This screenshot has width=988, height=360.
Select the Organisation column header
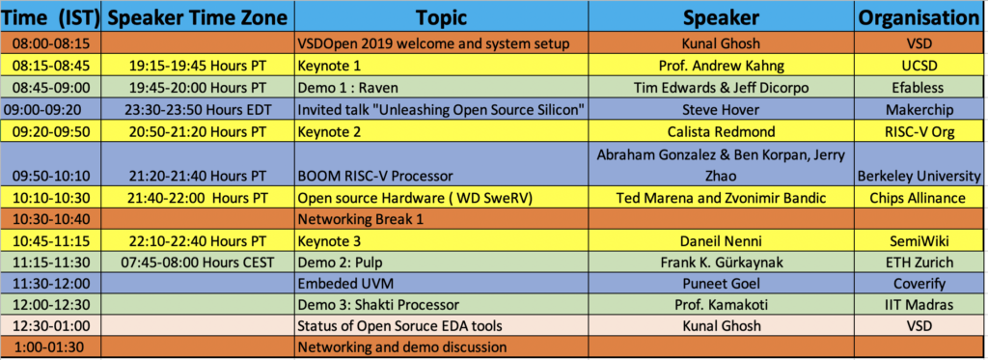pyautogui.click(x=919, y=17)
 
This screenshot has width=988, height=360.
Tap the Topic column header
pyautogui.click(x=442, y=17)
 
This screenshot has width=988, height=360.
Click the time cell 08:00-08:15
pyautogui.click(x=50, y=43)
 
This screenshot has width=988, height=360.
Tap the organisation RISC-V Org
pyautogui.click(x=919, y=132)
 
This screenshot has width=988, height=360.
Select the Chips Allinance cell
pyautogui.click(x=919, y=198)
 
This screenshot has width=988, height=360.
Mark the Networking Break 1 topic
pyautogui.click(x=353, y=219)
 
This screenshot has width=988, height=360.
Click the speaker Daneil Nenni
pyautogui.click(x=721, y=240)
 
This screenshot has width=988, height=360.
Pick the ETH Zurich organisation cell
pyautogui.click(x=919, y=262)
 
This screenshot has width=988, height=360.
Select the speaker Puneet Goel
pyautogui.click(x=721, y=283)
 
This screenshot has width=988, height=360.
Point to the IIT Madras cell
pyautogui.click(x=919, y=304)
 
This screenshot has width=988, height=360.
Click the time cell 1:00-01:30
pyautogui.click(x=50, y=346)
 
